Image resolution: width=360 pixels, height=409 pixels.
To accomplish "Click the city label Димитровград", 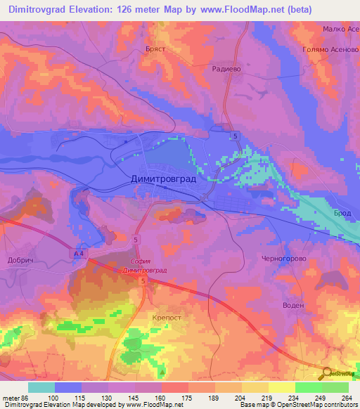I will point(164,179).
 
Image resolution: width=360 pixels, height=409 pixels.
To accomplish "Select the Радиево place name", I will point(227,69).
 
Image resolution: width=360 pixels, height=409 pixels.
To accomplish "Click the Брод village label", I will point(342,212).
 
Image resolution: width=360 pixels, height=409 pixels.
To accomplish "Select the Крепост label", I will point(167,318).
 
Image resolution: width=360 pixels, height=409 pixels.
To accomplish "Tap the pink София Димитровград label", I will point(145,265).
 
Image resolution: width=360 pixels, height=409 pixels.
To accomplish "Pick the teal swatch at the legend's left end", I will point(41,387).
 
